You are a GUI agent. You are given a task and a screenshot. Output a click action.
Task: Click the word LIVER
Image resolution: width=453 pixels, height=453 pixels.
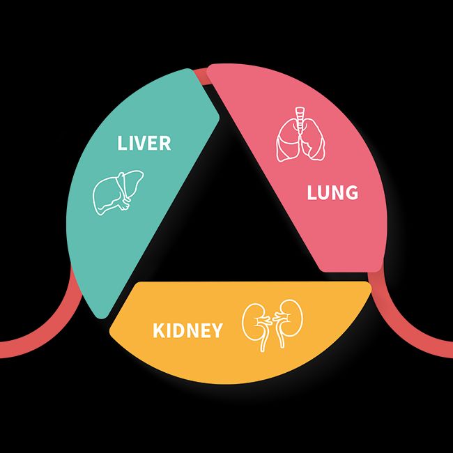coord(144,144)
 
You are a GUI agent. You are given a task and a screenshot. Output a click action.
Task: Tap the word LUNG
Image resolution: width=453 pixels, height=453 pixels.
coord(332,192)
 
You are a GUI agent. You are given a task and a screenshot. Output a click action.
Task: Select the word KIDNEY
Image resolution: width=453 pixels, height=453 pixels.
coord(187,330)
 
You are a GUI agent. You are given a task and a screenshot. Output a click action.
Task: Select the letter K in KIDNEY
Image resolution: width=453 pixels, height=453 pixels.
coord(159,330)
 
